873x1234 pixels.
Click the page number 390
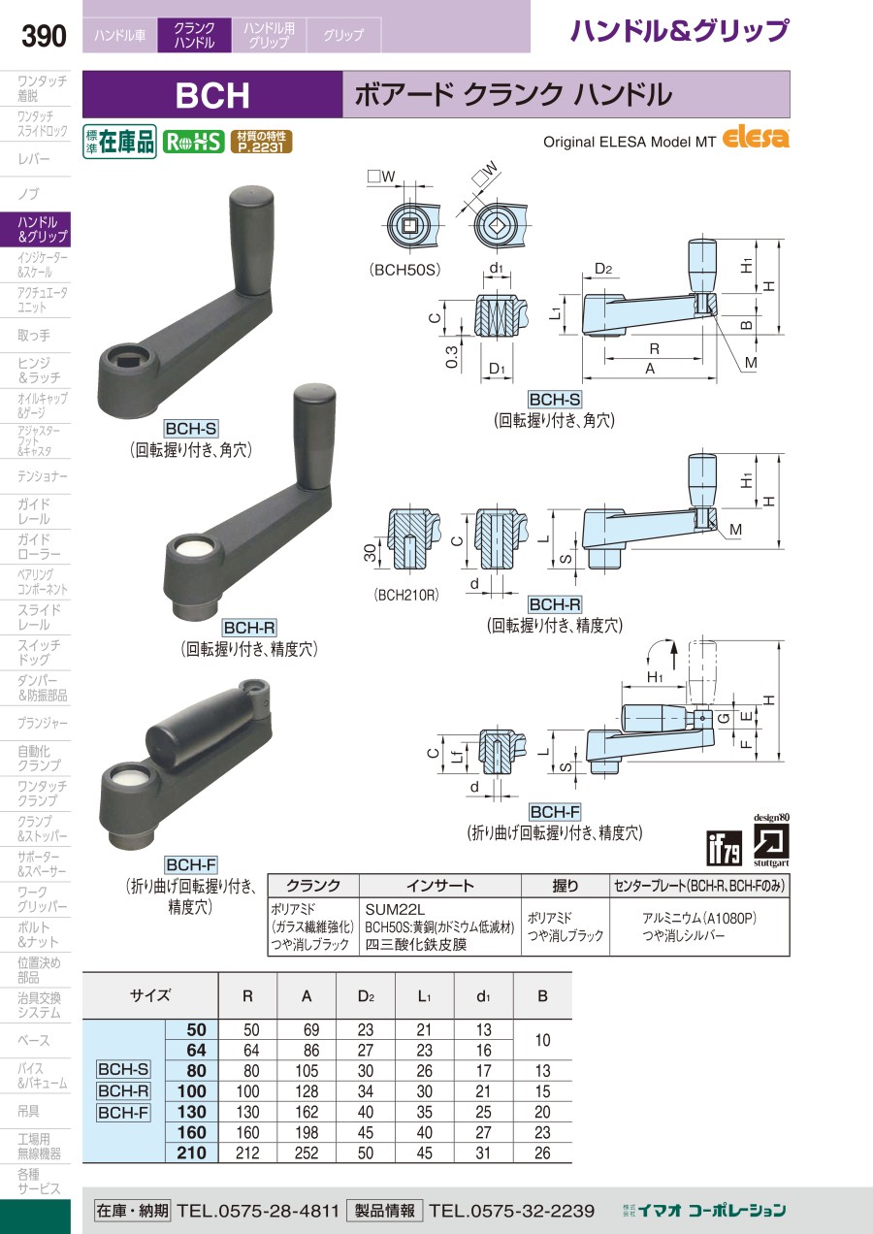(44, 36)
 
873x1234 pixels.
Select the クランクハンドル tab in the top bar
(194, 35)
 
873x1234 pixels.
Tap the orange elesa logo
(756, 139)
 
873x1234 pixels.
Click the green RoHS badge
(193, 143)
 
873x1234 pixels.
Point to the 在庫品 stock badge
(119, 142)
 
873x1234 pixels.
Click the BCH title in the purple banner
(212, 95)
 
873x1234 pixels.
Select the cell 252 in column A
(307, 1153)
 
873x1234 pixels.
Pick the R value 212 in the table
(248, 1153)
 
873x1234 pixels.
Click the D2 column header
(366, 996)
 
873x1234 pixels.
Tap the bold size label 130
(192, 1112)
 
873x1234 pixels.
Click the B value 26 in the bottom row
(542, 1153)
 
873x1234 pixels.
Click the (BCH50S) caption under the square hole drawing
(405, 270)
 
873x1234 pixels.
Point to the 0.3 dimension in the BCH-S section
(451, 356)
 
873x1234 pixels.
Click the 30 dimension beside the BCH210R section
(370, 553)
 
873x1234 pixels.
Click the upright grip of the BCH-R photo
(314, 437)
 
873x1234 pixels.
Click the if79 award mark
(725, 848)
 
